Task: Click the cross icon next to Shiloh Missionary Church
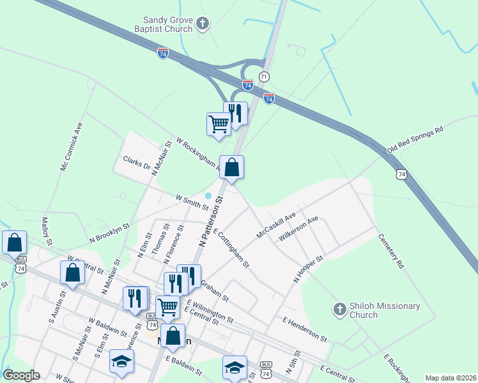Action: pos(340,310)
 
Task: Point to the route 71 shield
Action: pos(264,77)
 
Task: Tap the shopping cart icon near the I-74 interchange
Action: pos(219,123)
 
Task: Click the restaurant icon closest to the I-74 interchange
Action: pos(235,113)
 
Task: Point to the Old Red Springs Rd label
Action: pos(415,140)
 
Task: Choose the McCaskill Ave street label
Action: pos(276,225)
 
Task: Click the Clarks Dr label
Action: pos(137,163)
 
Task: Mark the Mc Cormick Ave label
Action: pos(71,146)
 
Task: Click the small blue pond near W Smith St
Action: pos(209,195)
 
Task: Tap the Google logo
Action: pos(21,375)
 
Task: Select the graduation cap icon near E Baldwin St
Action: pos(234,367)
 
